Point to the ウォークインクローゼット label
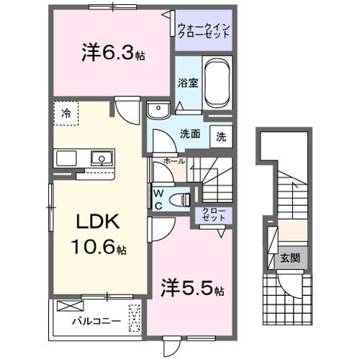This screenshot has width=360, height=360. tap(204, 31)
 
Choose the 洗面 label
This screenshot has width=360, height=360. tap(190, 134)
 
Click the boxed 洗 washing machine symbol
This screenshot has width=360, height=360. tap(221, 137)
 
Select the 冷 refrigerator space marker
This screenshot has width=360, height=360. tap(66, 113)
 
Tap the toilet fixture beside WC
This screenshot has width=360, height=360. tap(183, 199)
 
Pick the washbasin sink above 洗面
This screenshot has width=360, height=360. tap(156, 110)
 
